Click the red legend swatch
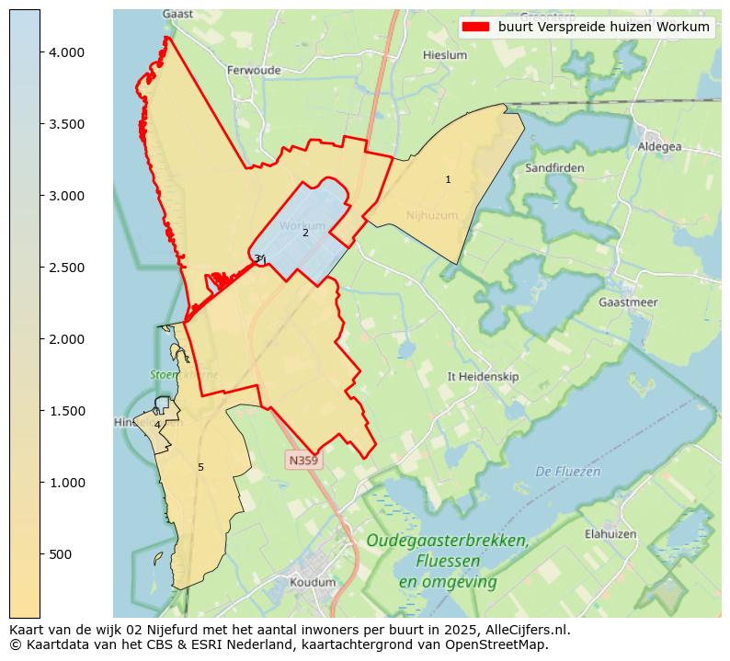tap(476, 27)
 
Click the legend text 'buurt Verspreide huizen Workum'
tap(604, 27)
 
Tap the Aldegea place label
tap(660, 147)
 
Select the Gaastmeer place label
tap(627, 302)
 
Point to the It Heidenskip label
tap(483, 377)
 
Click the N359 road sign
tap(304, 460)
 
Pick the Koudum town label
tap(313, 582)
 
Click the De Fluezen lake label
tap(567, 472)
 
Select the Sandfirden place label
tap(554, 168)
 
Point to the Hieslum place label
tap(445, 55)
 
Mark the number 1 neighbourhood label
tap(448, 180)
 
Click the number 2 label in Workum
tap(305, 233)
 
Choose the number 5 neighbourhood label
tap(200, 468)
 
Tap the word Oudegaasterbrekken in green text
tap(447, 541)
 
